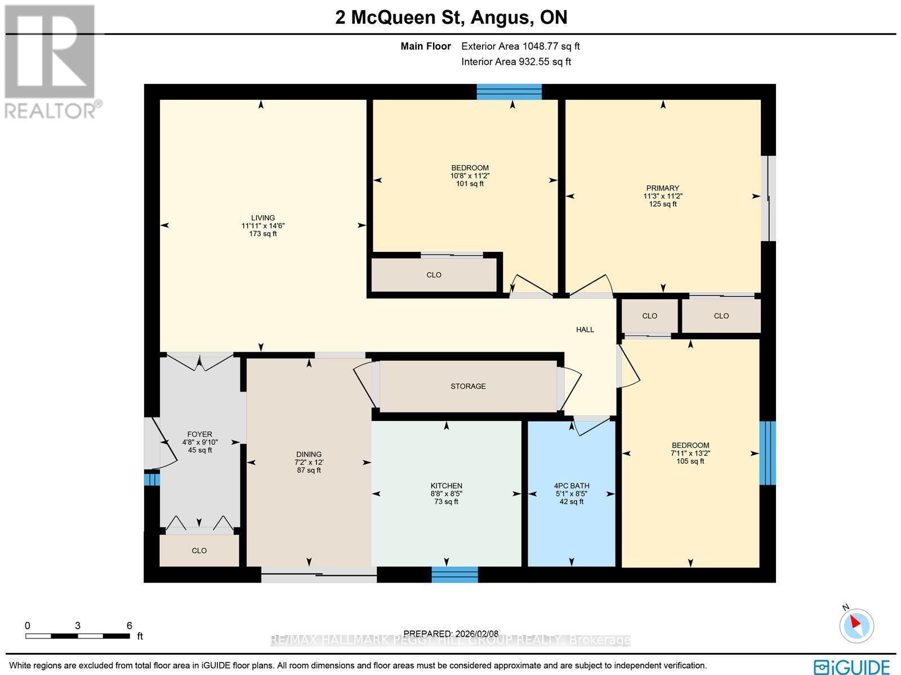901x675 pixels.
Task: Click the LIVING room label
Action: pos(263,218)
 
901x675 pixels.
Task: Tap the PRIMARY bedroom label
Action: pos(663,188)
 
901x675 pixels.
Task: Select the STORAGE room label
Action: pos(468,387)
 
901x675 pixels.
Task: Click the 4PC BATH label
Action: pos(572,486)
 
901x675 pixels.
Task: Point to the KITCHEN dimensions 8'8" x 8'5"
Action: pos(447,494)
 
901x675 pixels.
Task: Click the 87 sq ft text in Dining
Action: pos(309,470)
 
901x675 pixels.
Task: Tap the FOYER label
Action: pos(200,434)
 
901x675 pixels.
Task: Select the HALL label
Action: pos(585,330)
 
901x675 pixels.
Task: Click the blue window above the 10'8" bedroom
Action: pos(509,92)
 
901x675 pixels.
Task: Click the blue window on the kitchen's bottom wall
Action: pos(454,575)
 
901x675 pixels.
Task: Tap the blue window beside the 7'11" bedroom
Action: pos(767,453)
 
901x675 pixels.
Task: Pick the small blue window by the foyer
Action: pos(151,479)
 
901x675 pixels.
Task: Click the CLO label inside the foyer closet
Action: pos(199,550)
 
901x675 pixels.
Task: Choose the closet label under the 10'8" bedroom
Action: pos(434,275)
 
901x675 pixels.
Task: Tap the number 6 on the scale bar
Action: pos(129,625)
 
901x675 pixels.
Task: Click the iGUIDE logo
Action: pos(851,666)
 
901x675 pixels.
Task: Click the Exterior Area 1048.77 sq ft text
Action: pos(520,47)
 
